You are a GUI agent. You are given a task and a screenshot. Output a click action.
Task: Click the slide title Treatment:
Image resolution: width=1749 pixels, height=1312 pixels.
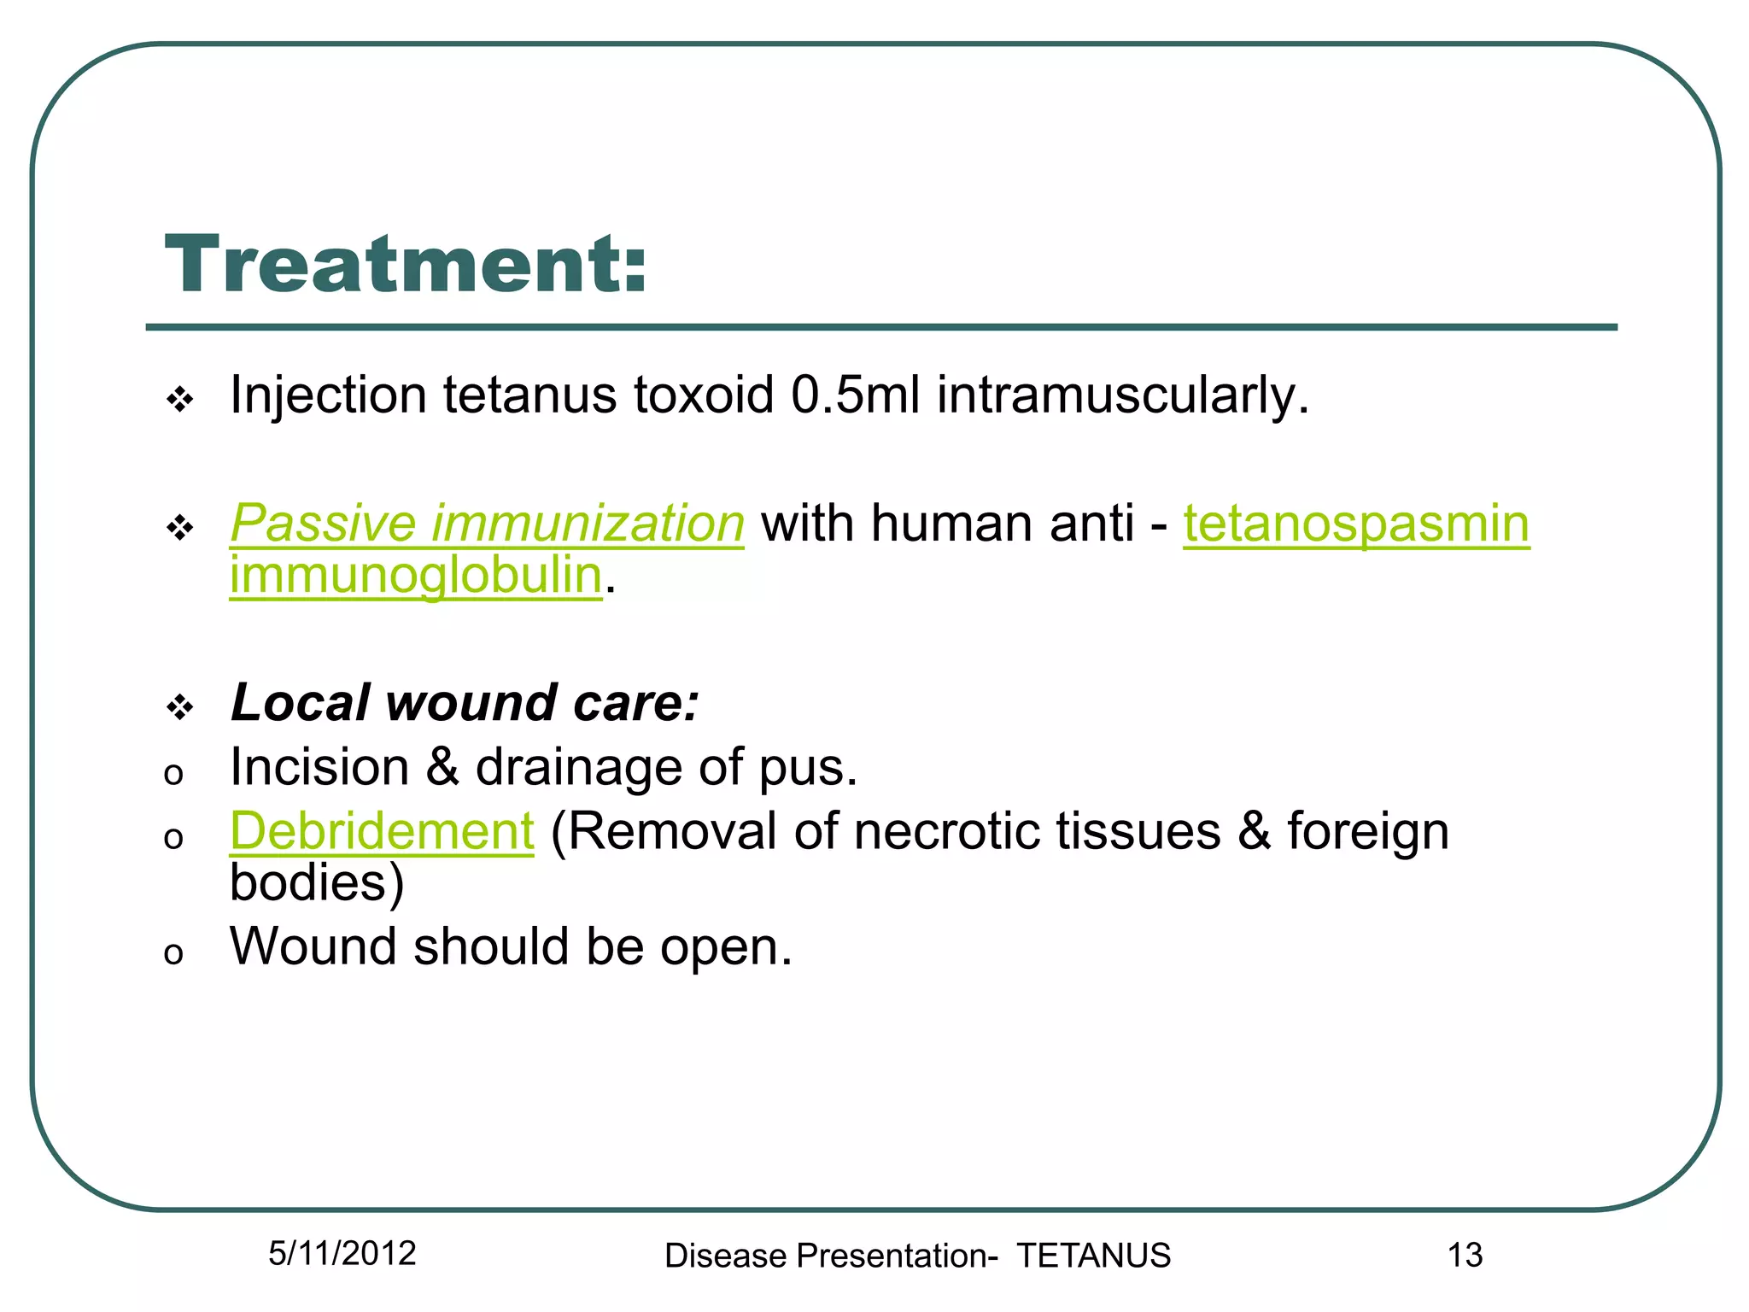406,265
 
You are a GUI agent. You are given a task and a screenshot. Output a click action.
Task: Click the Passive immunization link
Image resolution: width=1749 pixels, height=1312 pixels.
487,523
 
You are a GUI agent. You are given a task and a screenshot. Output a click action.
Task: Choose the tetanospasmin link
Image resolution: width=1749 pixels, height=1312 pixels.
1355,523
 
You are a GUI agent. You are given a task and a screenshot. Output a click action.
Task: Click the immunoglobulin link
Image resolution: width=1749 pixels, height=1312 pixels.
416,575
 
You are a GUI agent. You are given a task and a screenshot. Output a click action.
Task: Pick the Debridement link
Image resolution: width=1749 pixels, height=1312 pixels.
382,831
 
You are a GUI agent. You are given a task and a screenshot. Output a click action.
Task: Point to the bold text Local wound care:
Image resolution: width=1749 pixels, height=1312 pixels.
465,703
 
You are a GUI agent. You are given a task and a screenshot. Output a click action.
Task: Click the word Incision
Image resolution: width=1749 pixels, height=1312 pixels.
319,767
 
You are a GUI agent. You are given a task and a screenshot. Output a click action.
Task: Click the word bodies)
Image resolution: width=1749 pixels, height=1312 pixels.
317,882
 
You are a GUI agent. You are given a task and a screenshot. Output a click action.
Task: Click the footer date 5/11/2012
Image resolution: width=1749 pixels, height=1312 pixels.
342,1253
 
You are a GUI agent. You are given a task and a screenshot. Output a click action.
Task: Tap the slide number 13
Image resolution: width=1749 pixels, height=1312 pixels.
1465,1255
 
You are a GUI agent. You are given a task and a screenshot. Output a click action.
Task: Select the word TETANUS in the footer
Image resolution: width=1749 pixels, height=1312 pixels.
1093,1256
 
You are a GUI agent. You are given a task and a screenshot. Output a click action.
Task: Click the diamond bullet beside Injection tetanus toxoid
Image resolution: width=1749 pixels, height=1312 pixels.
180,399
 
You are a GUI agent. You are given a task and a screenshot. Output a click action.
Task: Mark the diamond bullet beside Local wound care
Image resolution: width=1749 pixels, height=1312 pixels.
180,707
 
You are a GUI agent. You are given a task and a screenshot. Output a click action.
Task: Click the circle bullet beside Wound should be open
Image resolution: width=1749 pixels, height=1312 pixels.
173,953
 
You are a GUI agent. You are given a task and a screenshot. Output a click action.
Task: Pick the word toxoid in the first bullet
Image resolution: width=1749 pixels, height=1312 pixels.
704,395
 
